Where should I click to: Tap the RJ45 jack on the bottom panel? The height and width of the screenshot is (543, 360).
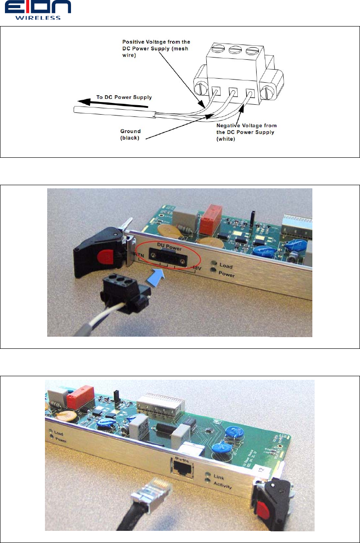[181, 470]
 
